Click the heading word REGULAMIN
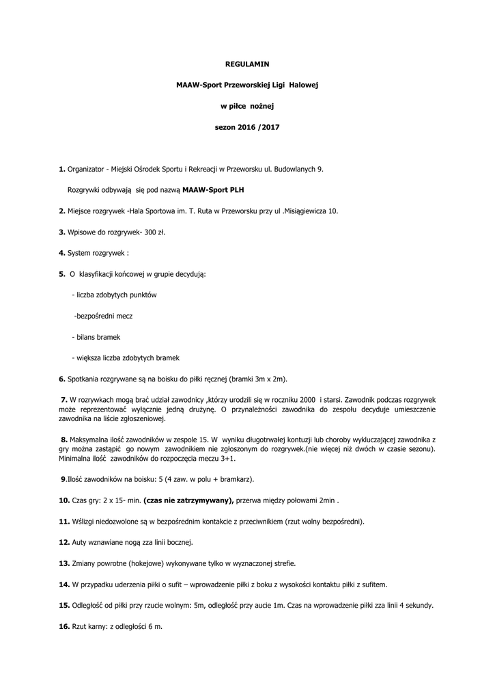pos(247,64)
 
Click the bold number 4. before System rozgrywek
pos(61,253)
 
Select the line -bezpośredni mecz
pos(103,316)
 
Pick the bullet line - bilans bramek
pos(96,337)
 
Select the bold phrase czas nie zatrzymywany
pos(189,500)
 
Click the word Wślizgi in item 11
pos(87,521)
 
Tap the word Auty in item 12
pos(79,542)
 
